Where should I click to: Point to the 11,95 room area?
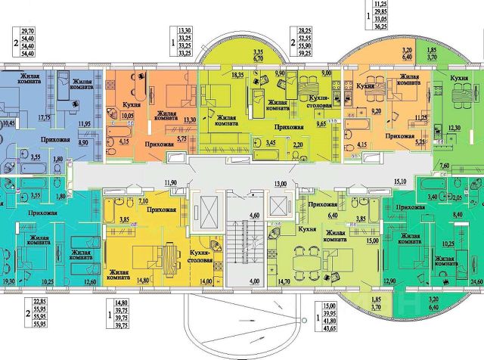[86, 123]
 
